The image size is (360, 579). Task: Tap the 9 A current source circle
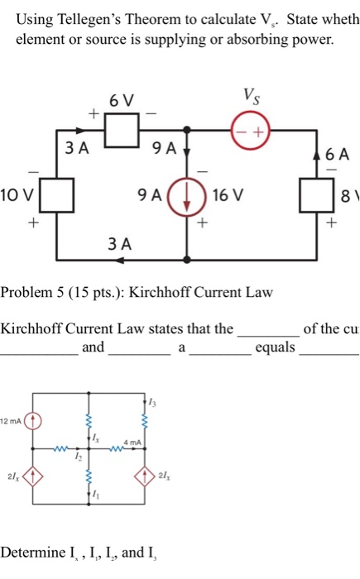point(187,198)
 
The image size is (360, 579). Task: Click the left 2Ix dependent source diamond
point(32,476)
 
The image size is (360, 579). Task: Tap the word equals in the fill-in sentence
point(275,347)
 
